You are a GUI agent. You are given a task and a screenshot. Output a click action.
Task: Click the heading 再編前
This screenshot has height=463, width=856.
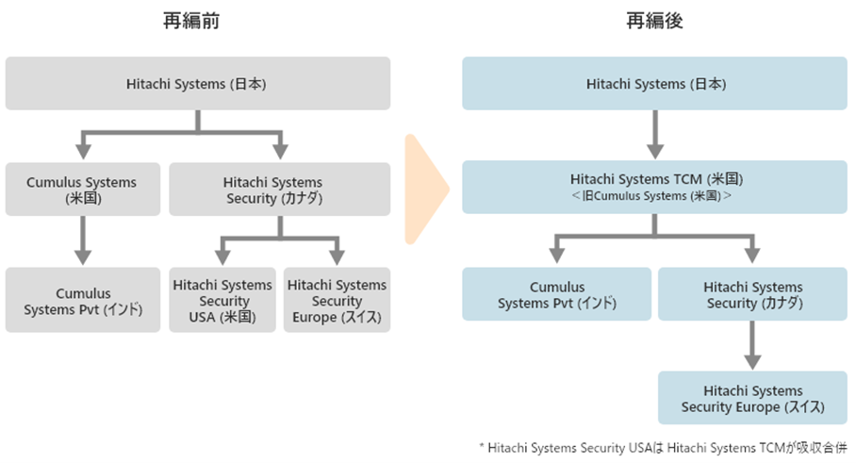coord(191,21)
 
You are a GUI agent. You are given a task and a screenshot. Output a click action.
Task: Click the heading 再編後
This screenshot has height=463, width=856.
coord(654,21)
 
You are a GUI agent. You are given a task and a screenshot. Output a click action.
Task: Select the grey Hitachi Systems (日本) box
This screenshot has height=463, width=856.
coord(198,84)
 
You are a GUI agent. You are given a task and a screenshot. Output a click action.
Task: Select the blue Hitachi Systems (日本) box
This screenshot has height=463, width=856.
coord(654,84)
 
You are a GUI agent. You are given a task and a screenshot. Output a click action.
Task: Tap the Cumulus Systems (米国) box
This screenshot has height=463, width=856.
coord(83,189)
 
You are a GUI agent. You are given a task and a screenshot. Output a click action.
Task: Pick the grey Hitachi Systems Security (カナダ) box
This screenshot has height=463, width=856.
coord(279,189)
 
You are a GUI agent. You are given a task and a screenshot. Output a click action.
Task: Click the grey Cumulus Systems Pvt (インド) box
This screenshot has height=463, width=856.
coord(83,300)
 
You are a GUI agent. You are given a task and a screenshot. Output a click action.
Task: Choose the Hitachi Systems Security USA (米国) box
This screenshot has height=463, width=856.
coord(222,300)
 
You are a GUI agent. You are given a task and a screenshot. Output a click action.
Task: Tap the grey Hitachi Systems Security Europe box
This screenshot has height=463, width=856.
coord(337,300)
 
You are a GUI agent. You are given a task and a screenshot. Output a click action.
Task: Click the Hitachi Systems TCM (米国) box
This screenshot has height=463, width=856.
coord(654,187)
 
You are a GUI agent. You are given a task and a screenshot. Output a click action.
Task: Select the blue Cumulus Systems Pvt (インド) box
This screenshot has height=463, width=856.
coord(557,294)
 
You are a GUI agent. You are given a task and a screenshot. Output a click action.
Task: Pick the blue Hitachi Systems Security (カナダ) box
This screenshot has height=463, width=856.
coord(752,294)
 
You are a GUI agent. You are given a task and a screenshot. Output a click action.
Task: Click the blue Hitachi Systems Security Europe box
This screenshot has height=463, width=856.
coord(752,398)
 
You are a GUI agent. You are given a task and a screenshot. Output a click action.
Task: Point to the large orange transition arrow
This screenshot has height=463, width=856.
coord(426,189)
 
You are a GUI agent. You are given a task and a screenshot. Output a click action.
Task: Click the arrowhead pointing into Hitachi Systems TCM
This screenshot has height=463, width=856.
coord(655,151)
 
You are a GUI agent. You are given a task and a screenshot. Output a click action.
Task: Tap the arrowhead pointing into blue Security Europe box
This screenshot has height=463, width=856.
coord(752,362)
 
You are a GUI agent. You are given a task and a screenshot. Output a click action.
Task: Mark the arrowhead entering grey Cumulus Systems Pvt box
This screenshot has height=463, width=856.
coord(83,257)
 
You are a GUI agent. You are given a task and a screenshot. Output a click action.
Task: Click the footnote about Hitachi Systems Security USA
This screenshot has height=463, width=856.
coord(663,448)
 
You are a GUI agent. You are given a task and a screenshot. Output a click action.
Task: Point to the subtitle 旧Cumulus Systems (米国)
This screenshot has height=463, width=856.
coord(651,196)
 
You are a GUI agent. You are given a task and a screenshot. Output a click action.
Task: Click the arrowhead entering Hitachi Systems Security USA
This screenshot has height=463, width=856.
coord(222,257)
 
